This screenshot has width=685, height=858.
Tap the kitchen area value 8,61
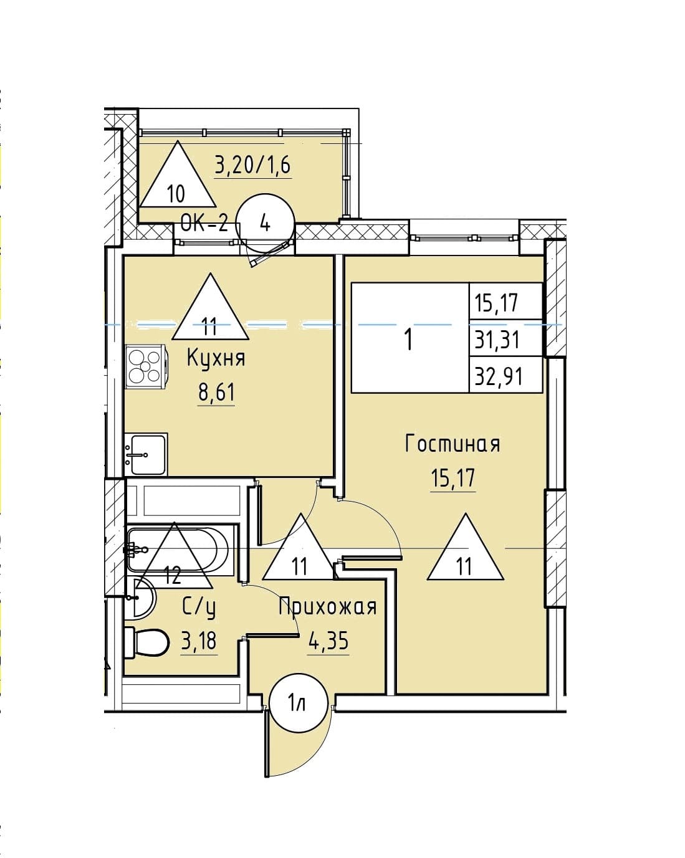[216, 393]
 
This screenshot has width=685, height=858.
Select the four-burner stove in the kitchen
[145, 366]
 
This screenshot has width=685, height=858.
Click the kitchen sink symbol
[146, 454]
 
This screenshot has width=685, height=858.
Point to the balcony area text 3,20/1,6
[253, 166]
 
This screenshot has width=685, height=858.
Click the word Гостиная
[453, 444]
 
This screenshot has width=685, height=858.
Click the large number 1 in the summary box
[408, 340]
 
